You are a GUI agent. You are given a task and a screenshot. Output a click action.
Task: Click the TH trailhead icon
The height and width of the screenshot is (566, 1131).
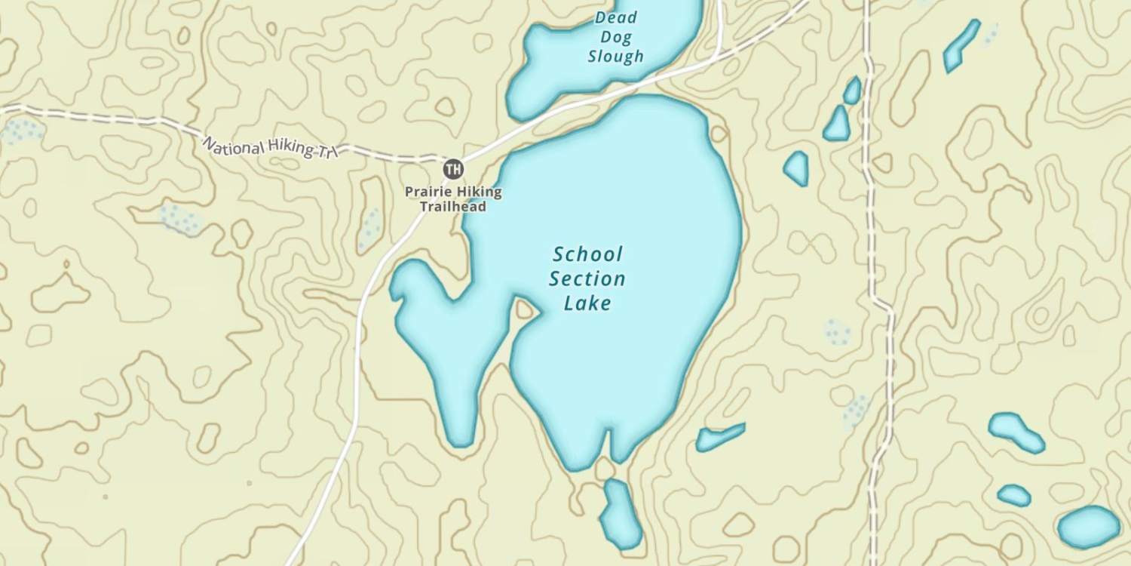(453, 169)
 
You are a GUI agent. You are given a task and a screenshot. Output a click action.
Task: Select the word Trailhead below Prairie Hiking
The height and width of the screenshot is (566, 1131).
(452, 207)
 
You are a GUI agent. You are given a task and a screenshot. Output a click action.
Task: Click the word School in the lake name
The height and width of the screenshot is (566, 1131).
(588, 254)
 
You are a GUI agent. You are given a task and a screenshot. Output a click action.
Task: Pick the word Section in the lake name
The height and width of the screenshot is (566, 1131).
(587, 279)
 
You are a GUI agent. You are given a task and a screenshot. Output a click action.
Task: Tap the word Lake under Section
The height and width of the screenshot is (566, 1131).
(587, 304)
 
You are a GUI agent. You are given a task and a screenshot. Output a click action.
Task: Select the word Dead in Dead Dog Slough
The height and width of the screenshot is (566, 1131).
(616, 17)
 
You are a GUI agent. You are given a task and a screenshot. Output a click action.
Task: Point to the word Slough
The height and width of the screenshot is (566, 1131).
(616, 56)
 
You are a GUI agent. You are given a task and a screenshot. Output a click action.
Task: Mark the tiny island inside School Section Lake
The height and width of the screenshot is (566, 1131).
(524, 309)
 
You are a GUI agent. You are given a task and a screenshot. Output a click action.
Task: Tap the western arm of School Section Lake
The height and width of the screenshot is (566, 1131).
(437, 340)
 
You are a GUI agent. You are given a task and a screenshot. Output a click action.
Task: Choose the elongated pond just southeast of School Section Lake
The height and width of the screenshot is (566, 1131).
(720, 436)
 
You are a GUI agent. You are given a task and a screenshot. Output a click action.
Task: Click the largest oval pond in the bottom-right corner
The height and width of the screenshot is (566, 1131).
(1089, 527)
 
